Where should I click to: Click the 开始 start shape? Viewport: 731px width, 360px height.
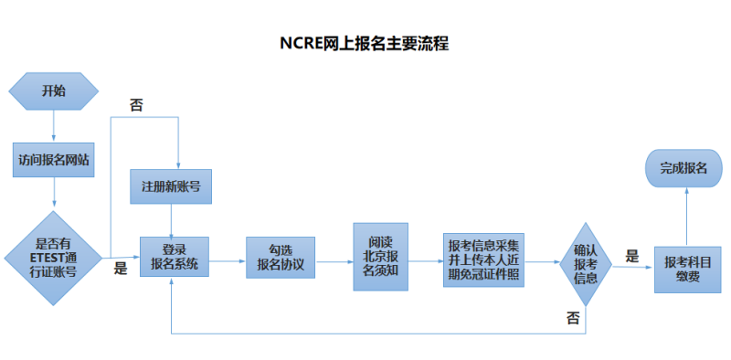point(54,90)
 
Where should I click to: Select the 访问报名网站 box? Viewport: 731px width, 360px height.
point(54,159)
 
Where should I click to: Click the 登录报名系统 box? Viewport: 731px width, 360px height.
point(174,259)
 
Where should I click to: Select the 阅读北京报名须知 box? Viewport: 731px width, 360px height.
point(380,257)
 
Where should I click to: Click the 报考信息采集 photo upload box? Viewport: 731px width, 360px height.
point(484,259)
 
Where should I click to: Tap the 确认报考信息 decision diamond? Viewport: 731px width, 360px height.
point(585,263)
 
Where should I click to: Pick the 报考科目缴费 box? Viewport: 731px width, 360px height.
point(687,269)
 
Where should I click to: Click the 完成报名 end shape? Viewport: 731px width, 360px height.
point(683,168)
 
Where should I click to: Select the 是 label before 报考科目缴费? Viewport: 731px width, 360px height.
point(632,256)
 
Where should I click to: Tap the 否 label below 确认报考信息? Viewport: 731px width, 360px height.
point(572,319)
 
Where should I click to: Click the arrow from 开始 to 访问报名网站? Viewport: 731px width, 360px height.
point(54,124)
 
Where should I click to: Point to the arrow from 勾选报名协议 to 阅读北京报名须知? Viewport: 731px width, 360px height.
point(334,259)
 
